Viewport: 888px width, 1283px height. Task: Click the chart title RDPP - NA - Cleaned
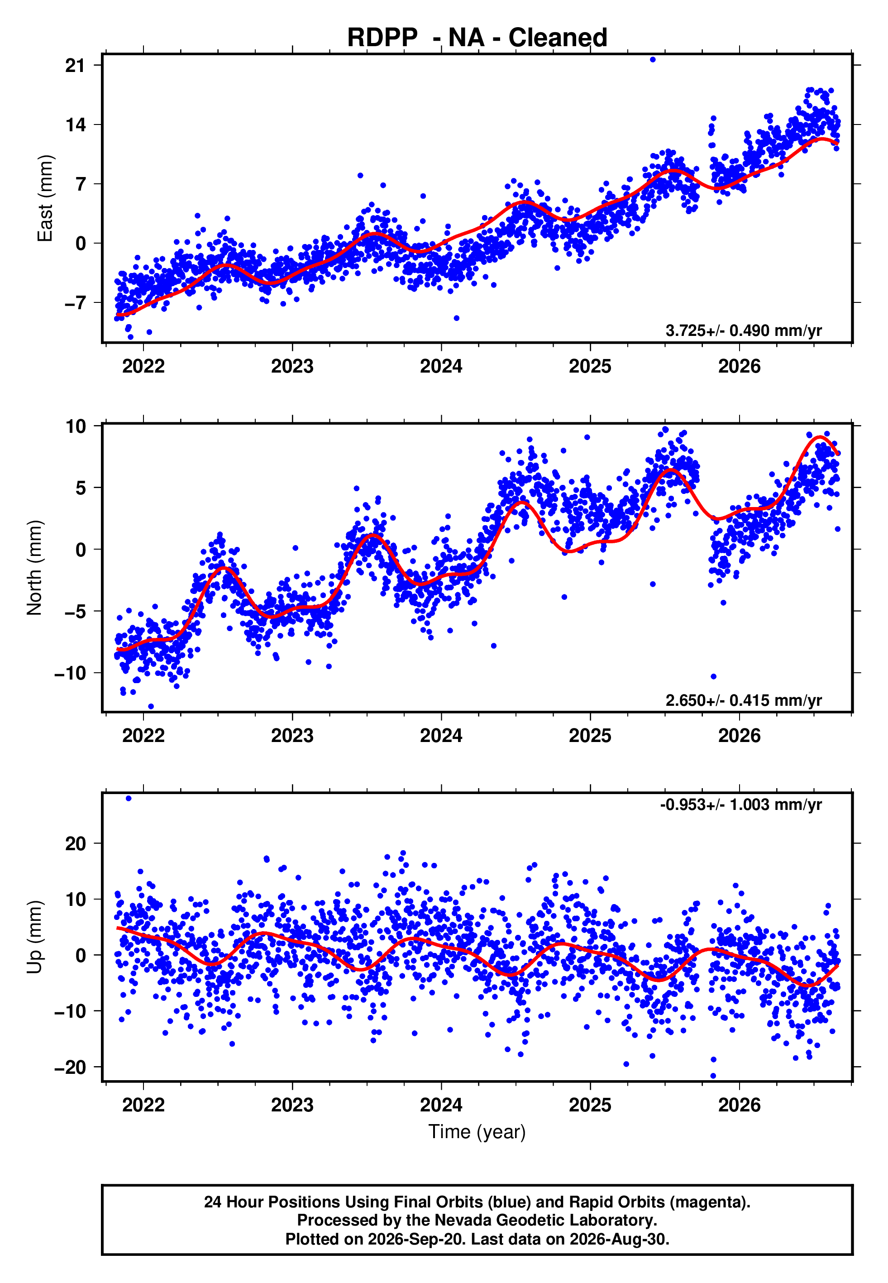477,38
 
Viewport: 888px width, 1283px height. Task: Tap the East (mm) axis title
44,199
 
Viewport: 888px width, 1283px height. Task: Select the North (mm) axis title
34,568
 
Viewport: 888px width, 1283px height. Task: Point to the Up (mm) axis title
34,937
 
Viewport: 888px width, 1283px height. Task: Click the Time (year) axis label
477,1132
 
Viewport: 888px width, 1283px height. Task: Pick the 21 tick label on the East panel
76,66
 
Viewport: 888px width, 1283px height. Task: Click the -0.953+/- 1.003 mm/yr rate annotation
740,804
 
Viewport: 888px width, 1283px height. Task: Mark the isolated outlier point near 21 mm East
653,59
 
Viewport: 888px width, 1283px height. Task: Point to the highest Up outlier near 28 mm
129,799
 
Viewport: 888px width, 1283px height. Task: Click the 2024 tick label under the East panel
441,366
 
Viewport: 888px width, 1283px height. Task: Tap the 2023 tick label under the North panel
292,736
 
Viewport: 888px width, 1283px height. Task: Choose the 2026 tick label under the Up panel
740,1105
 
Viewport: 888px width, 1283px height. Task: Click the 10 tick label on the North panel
76,427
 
